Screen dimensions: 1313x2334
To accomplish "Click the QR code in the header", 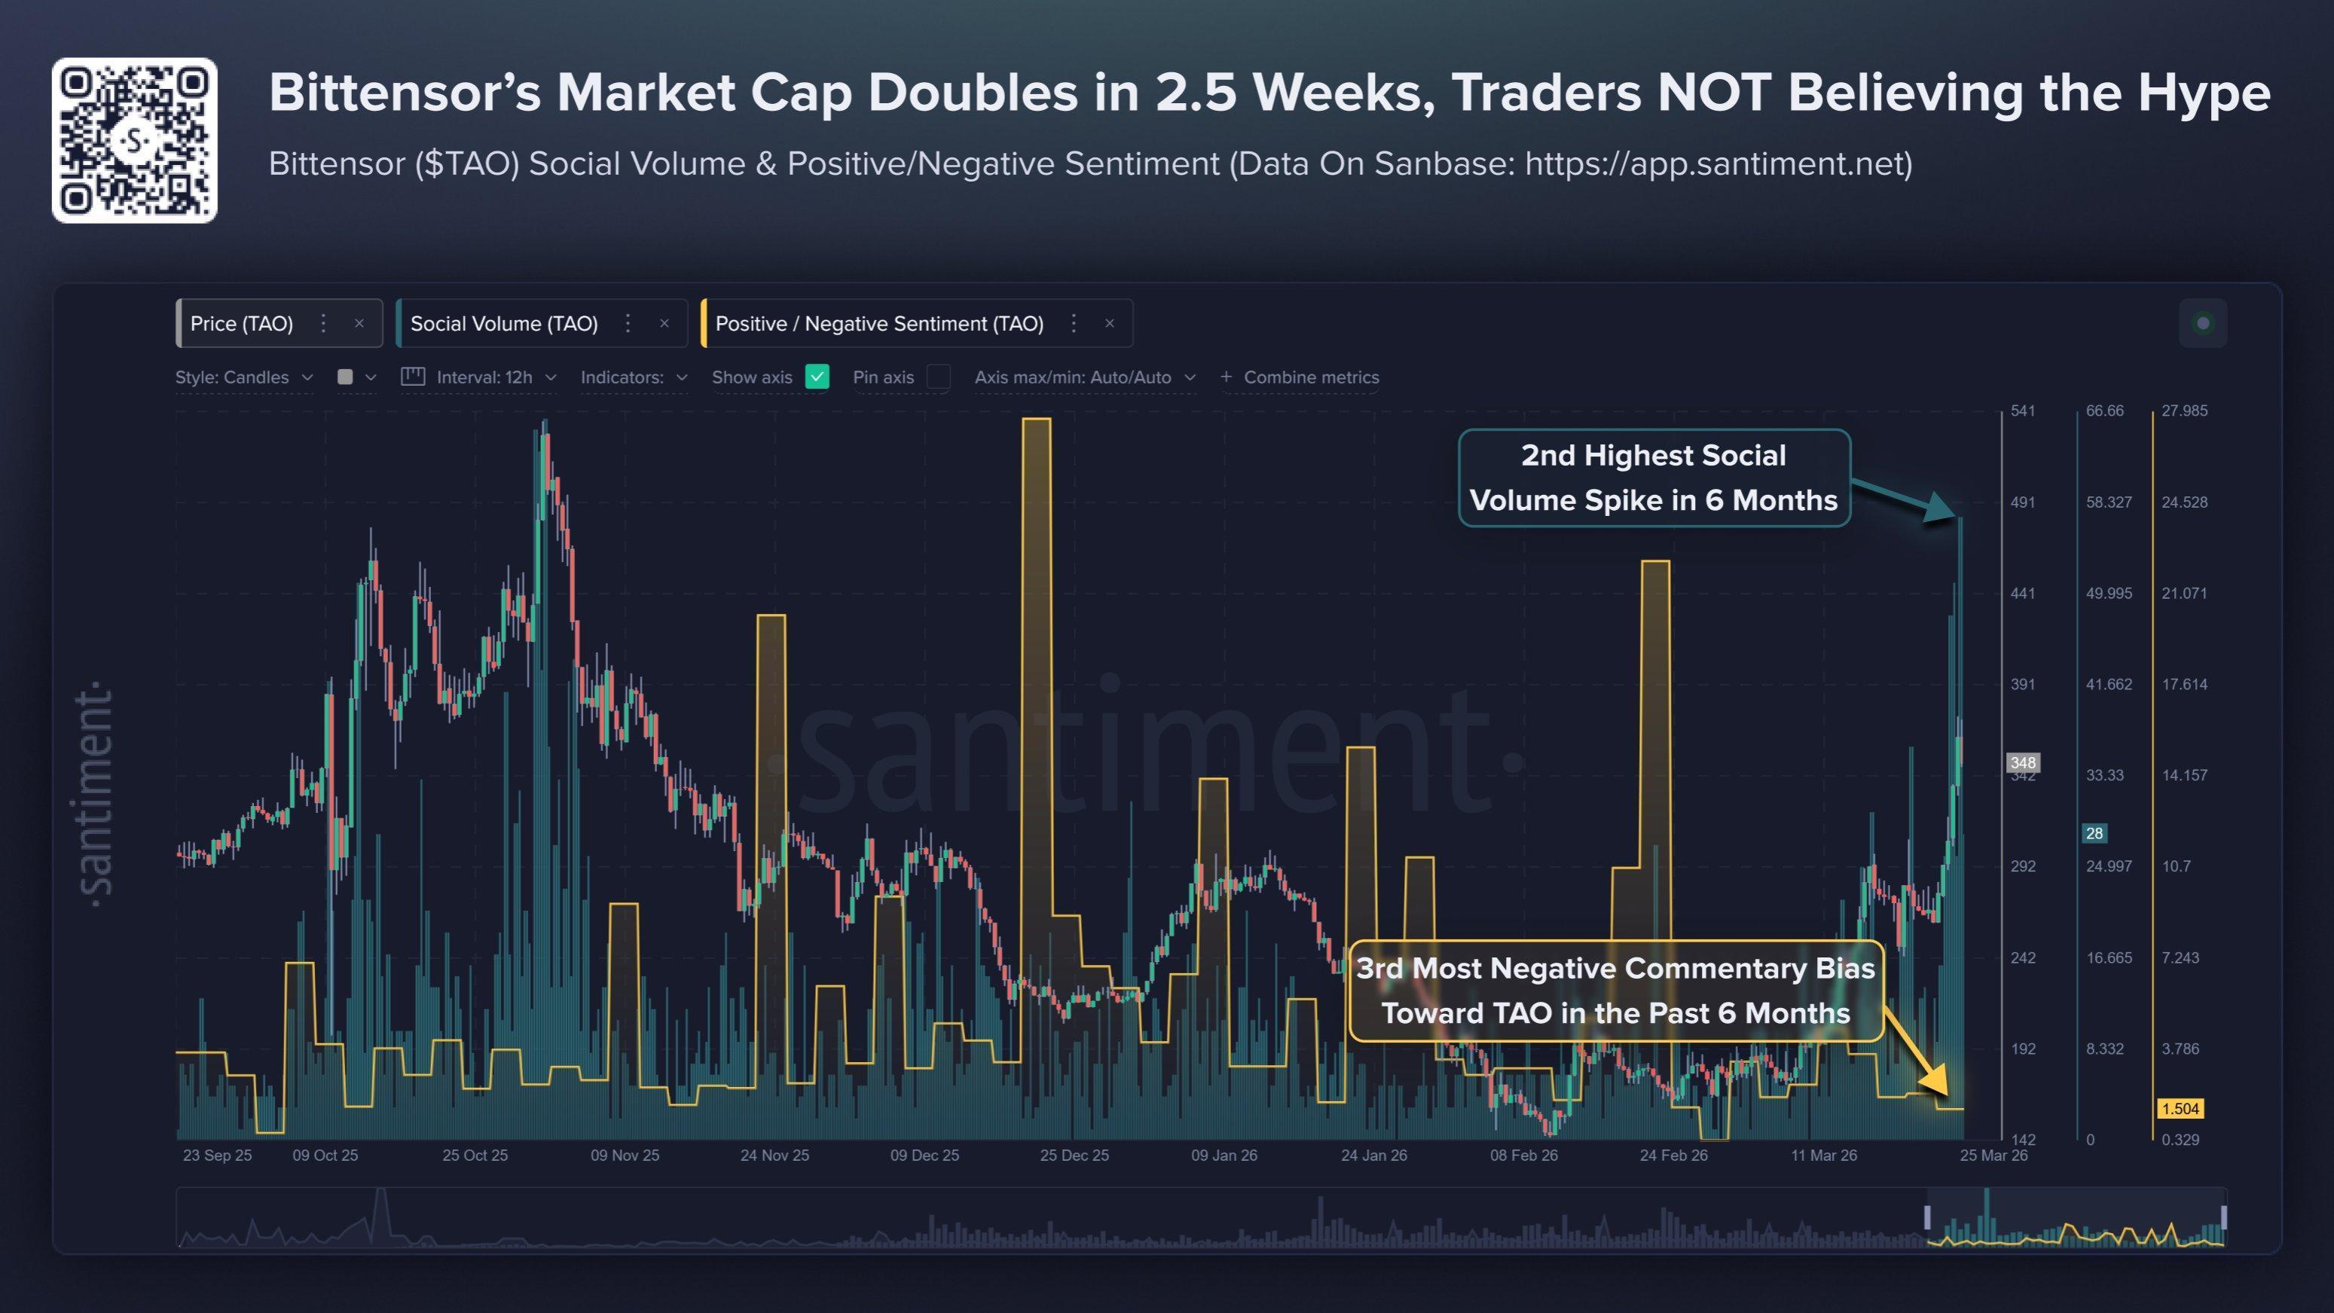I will click(134, 140).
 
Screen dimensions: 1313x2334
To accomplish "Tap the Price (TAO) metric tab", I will click(242, 323).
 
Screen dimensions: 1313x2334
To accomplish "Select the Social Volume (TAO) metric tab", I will click(504, 323).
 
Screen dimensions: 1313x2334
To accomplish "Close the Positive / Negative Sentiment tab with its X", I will click(1110, 323).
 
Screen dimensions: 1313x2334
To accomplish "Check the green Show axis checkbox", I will click(817, 377).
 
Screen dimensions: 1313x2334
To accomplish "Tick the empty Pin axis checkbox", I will click(939, 377).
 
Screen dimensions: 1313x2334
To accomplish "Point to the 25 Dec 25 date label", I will click(1074, 1156).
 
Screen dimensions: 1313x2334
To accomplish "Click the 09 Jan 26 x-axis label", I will click(1224, 1156).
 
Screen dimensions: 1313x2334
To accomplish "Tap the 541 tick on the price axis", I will click(2022, 411).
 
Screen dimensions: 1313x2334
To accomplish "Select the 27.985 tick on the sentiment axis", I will click(2183, 411).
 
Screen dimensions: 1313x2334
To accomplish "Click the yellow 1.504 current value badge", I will click(2180, 1108).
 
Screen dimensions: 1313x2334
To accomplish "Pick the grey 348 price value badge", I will click(2022, 762).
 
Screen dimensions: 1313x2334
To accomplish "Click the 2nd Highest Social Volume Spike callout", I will click(1654, 478).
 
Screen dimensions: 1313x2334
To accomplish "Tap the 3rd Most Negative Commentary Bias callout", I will click(1615, 991).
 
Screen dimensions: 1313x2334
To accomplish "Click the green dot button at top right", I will click(2204, 323).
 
